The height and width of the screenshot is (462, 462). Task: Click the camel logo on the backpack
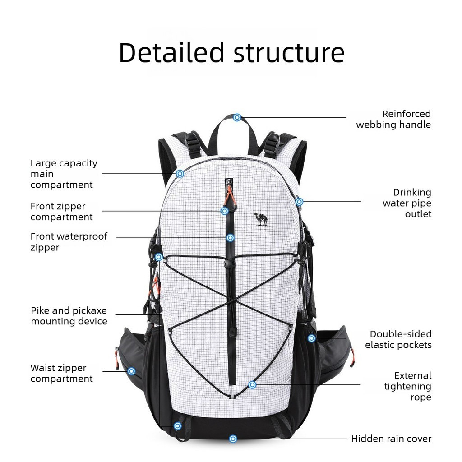(261, 219)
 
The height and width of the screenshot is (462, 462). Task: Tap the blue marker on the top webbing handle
(237, 118)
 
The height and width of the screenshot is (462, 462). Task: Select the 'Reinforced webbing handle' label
(393, 119)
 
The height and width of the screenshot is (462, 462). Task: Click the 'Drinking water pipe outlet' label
(407, 203)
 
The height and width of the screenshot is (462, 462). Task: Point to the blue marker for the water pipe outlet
(300, 202)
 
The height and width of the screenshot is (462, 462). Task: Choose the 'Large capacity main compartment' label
(64, 174)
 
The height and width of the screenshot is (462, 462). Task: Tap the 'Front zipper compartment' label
(61, 212)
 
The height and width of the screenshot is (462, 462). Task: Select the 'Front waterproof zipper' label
(69, 242)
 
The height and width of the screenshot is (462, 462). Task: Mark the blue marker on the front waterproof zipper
(231, 237)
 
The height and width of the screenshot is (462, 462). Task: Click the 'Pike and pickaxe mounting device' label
(69, 315)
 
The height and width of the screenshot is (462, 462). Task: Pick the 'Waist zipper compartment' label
(61, 373)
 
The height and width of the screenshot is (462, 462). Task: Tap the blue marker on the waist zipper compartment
(131, 371)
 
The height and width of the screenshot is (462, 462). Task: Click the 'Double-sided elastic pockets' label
(398, 339)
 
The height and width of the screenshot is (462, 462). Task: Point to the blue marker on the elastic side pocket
(311, 338)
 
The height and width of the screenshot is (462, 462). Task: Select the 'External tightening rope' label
(408, 386)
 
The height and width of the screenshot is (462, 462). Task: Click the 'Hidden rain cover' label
(391, 439)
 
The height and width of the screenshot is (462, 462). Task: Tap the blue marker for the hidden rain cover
(233, 439)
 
